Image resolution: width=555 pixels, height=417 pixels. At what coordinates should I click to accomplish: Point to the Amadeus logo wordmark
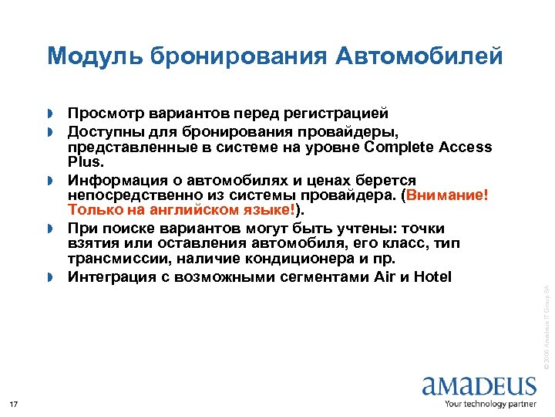[479, 385]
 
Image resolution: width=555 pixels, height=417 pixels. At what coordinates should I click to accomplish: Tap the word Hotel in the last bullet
[432, 276]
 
